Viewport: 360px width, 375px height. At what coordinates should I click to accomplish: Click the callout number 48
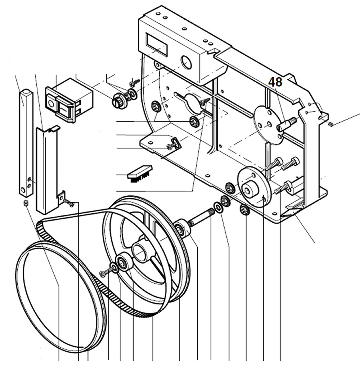tap(275, 82)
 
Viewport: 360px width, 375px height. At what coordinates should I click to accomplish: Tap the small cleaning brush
tap(140, 173)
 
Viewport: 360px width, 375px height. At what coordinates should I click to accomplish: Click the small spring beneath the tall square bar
tap(26, 204)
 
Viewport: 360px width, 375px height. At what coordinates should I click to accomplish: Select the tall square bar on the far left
tap(26, 142)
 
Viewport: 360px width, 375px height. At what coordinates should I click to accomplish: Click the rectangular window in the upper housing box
tap(157, 44)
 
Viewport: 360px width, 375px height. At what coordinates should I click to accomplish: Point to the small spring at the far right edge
tap(331, 124)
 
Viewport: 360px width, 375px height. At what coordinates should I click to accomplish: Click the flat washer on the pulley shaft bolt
tap(217, 207)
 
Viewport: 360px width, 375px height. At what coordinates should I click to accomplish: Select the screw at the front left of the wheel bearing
tap(103, 274)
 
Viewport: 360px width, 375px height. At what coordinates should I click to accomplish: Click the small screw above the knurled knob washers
tap(135, 82)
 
